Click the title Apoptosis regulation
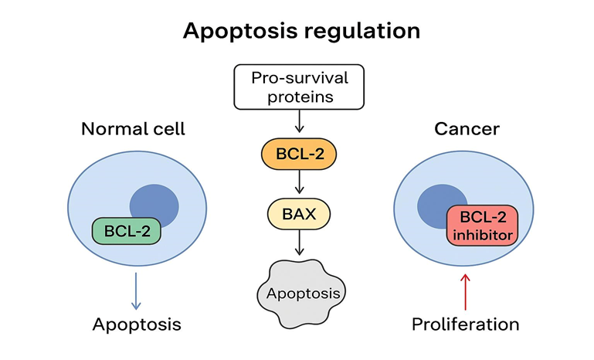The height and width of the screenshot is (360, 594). point(301,31)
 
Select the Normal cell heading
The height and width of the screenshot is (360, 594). point(133,128)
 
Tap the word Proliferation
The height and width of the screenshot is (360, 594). point(465,324)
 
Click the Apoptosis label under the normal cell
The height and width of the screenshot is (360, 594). point(137,324)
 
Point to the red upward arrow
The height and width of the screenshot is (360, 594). point(464,293)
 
